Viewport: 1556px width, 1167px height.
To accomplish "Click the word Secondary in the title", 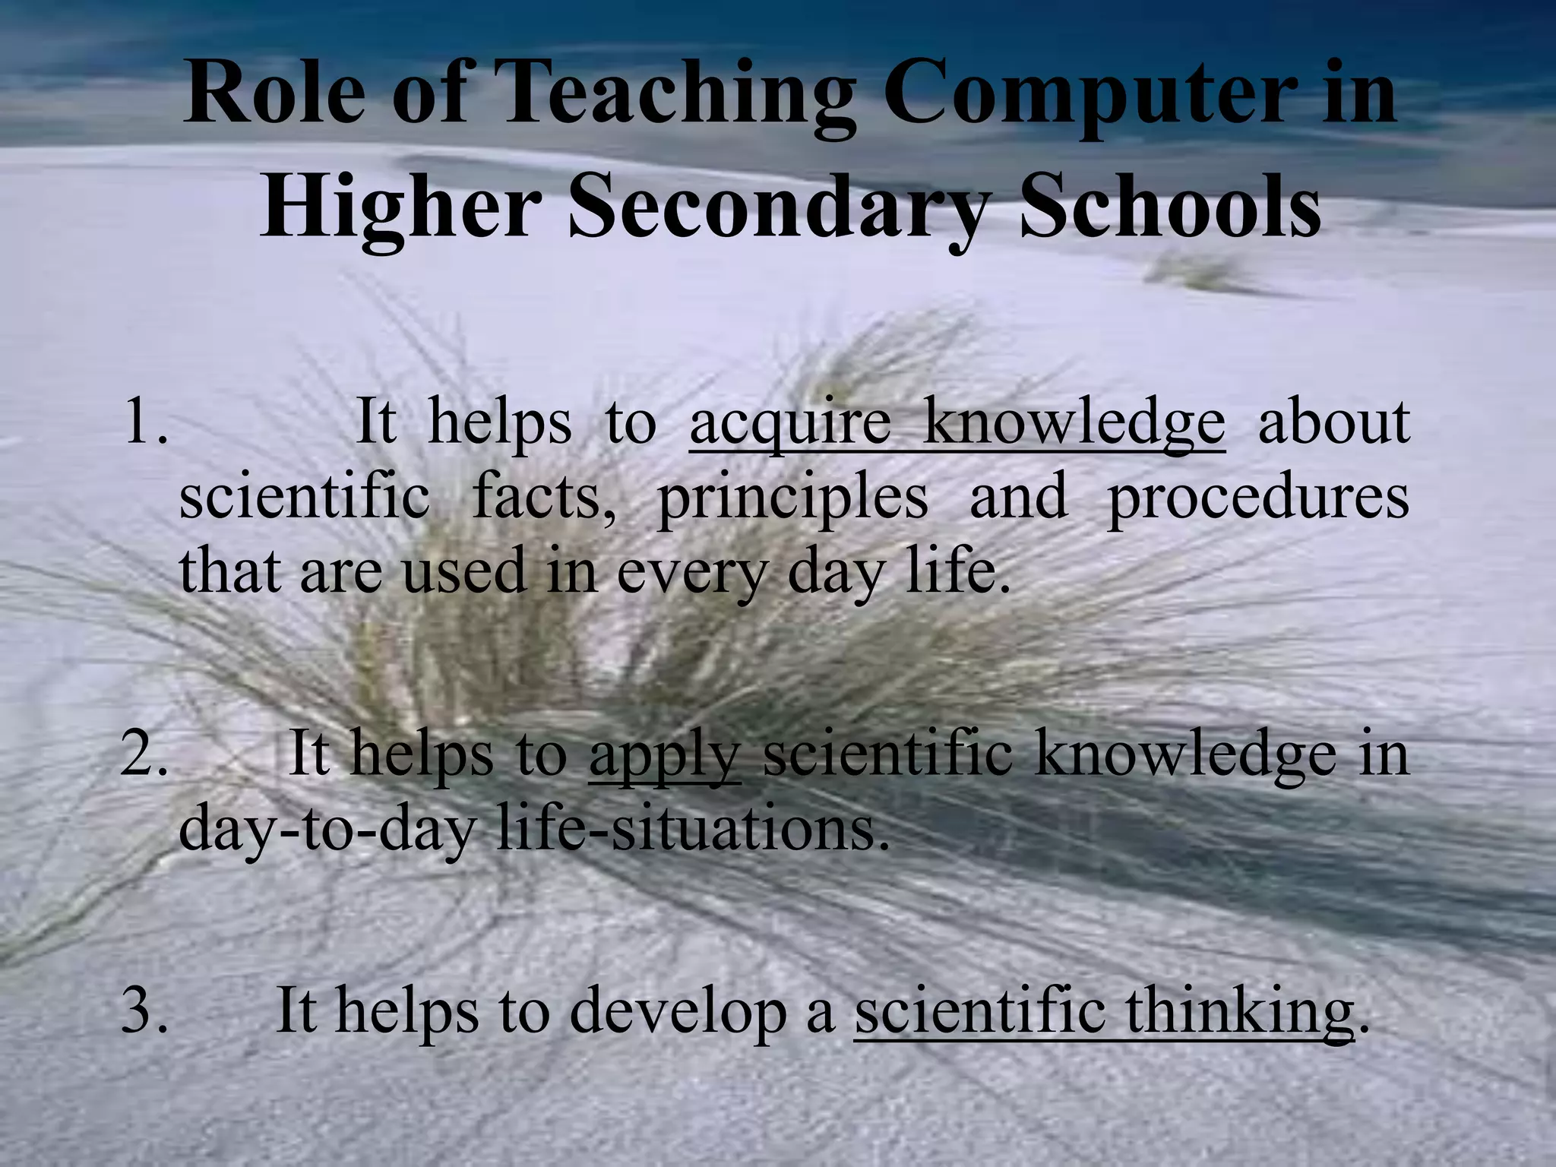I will coord(775,205).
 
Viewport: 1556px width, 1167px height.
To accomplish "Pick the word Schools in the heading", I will coord(1169,205).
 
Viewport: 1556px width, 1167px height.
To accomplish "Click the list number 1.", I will coord(144,422).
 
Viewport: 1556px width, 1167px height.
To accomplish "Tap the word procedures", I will coord(1257,498).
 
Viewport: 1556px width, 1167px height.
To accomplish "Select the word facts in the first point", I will coord(544,498).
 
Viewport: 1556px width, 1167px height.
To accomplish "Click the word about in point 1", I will coord(1333,422).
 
